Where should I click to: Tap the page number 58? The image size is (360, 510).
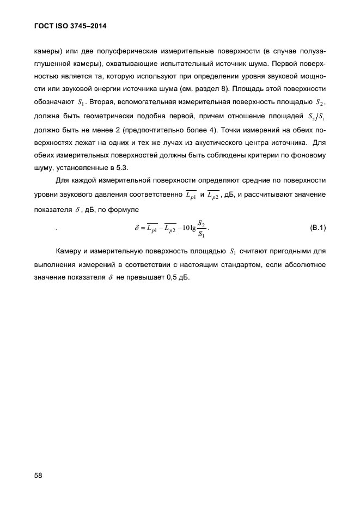pos(38,475)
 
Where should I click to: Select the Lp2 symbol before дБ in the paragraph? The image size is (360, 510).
pos(210,195)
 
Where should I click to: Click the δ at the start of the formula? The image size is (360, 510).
pos(137,228)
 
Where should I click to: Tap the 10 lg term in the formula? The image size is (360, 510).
pos(186,228)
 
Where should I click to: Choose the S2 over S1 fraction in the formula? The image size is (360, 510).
pos(202,228)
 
